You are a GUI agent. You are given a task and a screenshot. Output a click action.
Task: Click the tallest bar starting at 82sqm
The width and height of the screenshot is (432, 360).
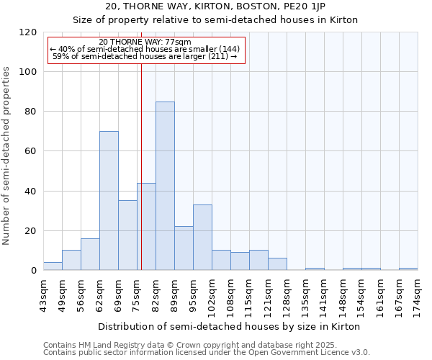click(165, 186)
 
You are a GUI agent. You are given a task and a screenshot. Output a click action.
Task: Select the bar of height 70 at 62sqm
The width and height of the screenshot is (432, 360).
click(109, 201)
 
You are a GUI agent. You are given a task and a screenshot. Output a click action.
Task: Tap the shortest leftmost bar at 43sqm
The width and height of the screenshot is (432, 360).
click(53, 266)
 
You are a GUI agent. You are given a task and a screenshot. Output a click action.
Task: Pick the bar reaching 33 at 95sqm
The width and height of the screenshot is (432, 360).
click(202, 238)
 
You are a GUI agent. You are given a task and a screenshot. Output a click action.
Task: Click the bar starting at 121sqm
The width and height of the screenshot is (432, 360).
click(277, 264)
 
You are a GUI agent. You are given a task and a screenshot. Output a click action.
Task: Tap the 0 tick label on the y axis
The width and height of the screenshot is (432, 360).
click(34, 271)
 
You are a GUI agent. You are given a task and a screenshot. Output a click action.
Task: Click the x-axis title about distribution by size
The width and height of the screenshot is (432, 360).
click(229, 326)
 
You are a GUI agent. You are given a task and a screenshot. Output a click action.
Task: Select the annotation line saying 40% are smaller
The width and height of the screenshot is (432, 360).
click(145, 49)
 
